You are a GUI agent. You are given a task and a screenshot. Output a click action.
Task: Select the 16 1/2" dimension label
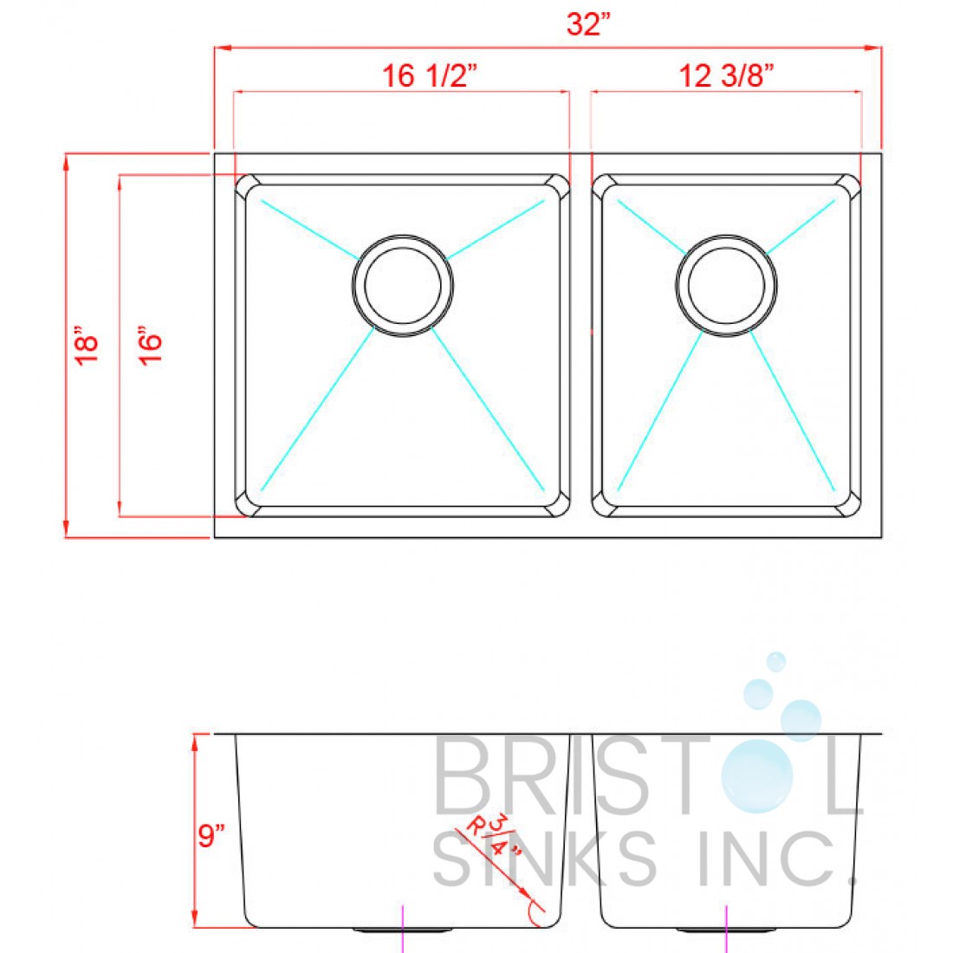[431, 76]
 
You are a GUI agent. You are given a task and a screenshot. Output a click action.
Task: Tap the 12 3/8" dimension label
[726, 76]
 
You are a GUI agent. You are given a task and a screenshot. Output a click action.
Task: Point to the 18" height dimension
[87, 345]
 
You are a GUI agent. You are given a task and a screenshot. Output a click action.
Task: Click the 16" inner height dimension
[151, 346]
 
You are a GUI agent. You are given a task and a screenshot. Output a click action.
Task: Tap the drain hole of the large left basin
[403, 284]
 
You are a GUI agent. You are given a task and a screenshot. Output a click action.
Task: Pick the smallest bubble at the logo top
[776, 662]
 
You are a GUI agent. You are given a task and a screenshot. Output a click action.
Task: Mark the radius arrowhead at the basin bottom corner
[525, 894]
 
